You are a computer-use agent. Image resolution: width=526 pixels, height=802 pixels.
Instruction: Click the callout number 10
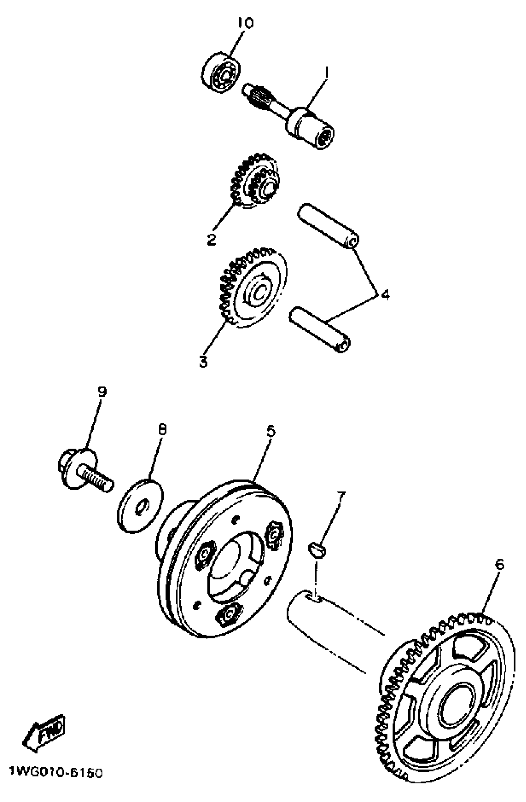(245, 23)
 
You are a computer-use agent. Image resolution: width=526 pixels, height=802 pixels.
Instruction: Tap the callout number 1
(326, 72)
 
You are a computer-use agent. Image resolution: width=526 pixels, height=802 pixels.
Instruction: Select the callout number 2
(211, 240)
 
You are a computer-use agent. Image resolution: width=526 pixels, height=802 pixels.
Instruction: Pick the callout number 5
(271, 431)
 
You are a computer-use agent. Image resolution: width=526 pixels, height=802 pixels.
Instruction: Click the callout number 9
(101, 391)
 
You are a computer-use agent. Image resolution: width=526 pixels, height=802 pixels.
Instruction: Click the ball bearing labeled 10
(221, 71)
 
